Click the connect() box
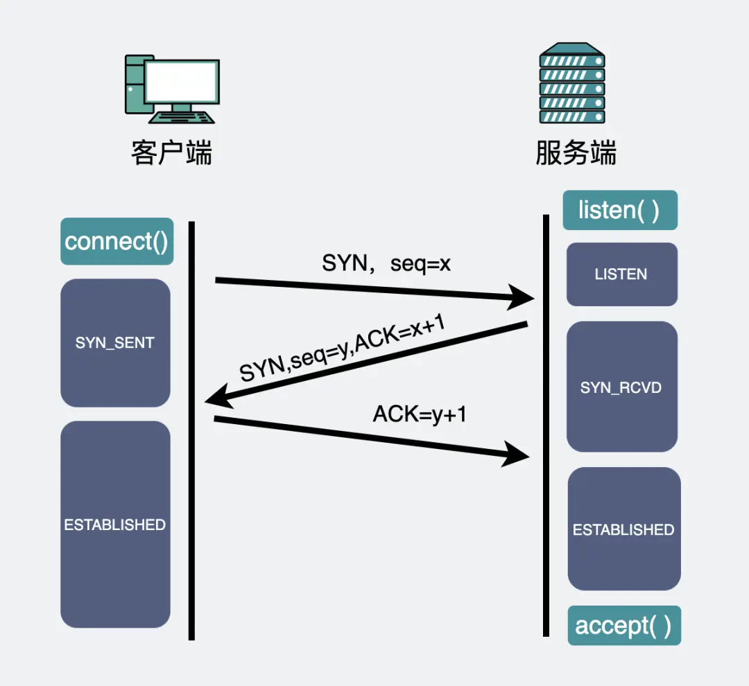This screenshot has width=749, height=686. pos(117,242)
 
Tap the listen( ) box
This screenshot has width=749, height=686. pos(619,210)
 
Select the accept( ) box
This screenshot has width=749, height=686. pos(623,626)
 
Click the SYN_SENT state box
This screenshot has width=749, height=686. pos(115,343)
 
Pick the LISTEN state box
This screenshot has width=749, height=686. pos(621,274)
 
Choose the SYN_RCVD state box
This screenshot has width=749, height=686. pos(621,387)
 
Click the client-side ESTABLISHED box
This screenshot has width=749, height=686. pos(115,525)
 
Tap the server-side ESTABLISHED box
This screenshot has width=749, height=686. pos(623,529)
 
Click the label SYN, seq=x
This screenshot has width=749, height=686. pos(386,263)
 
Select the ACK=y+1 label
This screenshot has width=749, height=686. pos(420,414)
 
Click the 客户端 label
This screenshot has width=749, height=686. pos(171,152)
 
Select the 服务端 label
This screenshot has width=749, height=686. pos(576,152)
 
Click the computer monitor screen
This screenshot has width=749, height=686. pos(182,82)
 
